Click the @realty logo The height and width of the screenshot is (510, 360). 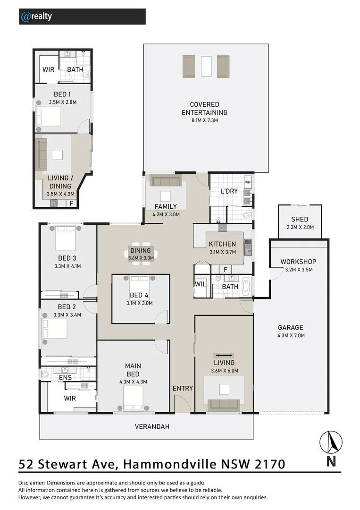[x=36, y=17]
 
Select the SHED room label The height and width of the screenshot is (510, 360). [x=300, y=219]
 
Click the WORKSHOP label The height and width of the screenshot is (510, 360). [x=298, y=262]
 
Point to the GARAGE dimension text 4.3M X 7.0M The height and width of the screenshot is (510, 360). [x=291, y=336]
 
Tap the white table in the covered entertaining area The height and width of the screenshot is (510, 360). [x=206, y=66]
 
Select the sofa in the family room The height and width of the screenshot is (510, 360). [x=166, y=181]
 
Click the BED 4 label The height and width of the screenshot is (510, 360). [x=140, y=296]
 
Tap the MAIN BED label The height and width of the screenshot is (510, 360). [x=133, y=365]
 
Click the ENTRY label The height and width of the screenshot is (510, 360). [x=183, y=388]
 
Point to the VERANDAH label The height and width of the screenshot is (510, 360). [x=152, y=426]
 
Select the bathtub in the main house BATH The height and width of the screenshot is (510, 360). [x=246, y=286]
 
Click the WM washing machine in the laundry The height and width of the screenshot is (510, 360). [x=248, y=182]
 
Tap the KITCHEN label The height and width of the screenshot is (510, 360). [x=222, y=244]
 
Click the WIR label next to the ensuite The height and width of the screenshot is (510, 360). [x=70, y=398]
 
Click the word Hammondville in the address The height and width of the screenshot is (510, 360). [x=170, y=464]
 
